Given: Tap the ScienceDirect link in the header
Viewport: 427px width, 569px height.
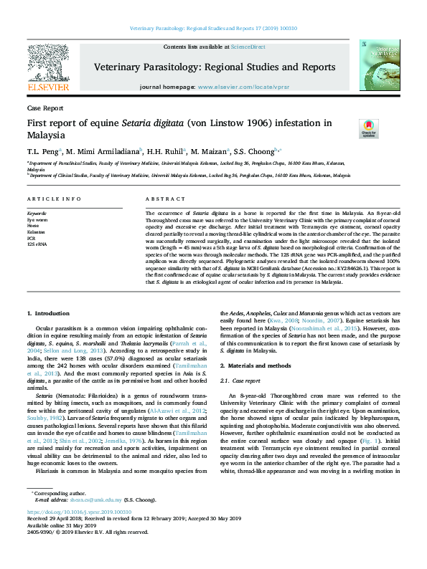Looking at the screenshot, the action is click(x=247, y=47).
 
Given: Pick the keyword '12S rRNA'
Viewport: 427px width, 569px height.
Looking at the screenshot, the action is click(x=37, y=245).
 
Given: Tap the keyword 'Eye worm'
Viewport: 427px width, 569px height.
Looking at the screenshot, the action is click(x=37, y=219).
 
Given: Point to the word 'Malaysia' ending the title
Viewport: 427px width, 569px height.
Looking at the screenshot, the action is click(x=46, y=135).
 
